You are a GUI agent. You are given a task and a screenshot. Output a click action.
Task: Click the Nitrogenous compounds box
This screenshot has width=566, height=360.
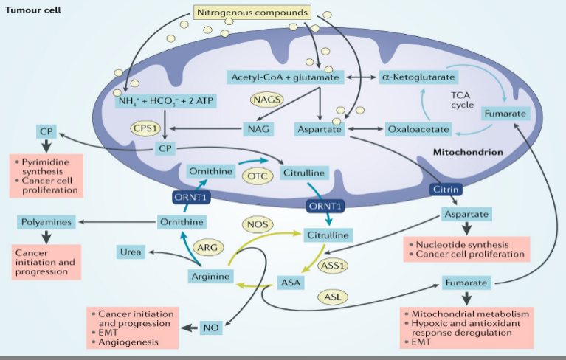click(x=250, y=13)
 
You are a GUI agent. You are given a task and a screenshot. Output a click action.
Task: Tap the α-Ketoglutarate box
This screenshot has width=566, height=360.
click(x=418, y=76)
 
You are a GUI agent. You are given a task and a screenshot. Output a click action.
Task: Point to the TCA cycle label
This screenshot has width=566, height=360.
click(x=463, y=100)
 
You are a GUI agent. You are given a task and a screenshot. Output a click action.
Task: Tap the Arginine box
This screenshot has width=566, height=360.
click(x=210, y=277)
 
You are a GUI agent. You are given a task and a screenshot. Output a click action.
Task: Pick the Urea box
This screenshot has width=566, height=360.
click(x=128, y=253)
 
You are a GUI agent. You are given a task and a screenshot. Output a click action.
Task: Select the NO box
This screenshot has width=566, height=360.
click(x=211, y=327)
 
